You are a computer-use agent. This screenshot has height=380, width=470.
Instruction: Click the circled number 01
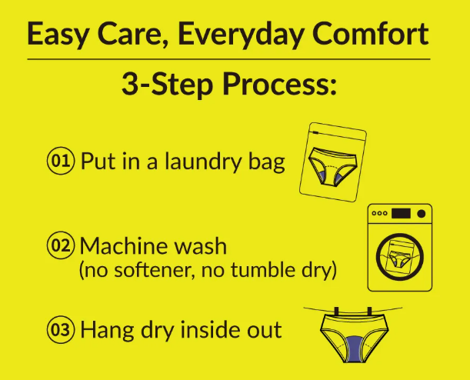pyautogui.click(x=60, y=161)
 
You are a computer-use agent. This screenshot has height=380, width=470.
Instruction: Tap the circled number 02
pyautogui.click(x=60, y=245)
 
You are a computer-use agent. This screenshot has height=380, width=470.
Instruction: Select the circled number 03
pyautogui.click(x=60, y=329)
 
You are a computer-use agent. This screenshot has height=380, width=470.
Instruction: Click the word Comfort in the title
pyautogui.click(x=370, y=34)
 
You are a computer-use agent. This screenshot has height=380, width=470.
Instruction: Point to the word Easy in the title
pyautogui.click(x=58, y=36)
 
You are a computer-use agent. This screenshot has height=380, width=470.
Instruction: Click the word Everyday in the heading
pyautogui.click(x=240, y=35)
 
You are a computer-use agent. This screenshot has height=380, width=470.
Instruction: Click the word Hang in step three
pyautogui.click(x=108, y=331)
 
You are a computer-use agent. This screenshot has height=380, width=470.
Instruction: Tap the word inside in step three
pyautogui.click(x=212, y=329)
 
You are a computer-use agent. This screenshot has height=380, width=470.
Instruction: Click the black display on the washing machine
pyautogui.click(x=401, y=214)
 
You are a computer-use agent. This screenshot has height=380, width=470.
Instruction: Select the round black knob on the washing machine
pyautogui.click(x=421, y=214)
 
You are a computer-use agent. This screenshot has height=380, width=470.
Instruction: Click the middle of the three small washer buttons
pyautogui.click(x=379, y=213)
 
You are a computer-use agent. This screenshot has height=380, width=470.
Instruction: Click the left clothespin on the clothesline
pyautogui.click(x=336, y=312)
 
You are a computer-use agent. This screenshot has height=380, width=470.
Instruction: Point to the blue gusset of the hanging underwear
pyautogui.click(x=354, y=348)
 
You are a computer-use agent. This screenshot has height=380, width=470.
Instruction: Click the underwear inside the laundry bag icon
pyautogui.click(x=333, y=165)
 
